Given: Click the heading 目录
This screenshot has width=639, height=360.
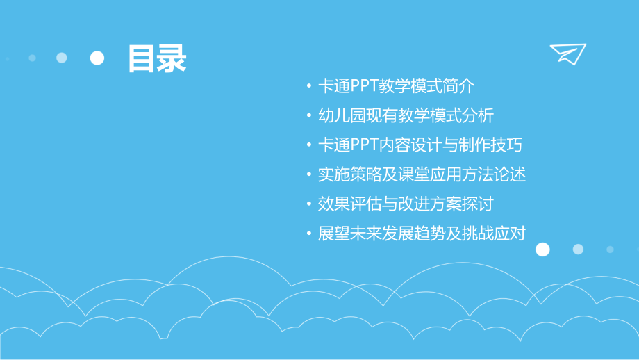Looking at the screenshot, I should pyautogui.click(x=157, y=58).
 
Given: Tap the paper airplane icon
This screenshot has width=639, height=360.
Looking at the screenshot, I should pyautogui.click(x=568, y=54).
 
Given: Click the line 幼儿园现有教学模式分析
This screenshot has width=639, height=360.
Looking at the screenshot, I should pyautogui.click(x=406, y=116).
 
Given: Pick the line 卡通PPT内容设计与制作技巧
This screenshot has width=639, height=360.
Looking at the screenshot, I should pyautogui.click(x=420, y=145).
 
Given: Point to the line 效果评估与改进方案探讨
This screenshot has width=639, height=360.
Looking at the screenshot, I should pyautogui.click(x=406, y=204).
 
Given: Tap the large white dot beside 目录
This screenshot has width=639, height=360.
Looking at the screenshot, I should pyautogui.click(x=97, y=58).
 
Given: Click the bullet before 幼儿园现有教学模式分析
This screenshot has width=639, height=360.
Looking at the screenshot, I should pyautogui.click(x=308, y=117).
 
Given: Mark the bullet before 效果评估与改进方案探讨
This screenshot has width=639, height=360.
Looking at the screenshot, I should pyautogui.click(x=308, y=205).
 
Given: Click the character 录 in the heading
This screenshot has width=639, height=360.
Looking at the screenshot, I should pyautogui.click(x=172, y=58).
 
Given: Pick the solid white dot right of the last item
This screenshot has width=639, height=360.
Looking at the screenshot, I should pyautogui.click(x=542, y=249).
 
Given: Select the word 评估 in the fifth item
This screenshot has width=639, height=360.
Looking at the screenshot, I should pyautogui.click(x=361, y=204).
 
